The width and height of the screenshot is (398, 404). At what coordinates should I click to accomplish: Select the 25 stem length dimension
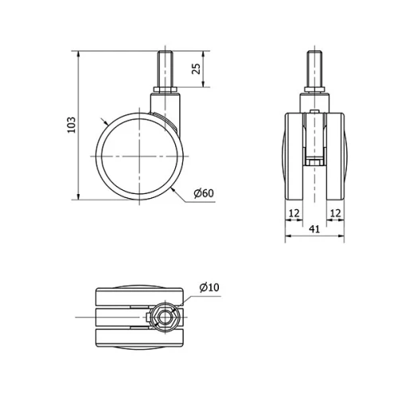(196, 70)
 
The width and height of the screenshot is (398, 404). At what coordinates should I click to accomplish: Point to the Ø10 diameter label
(209, 287)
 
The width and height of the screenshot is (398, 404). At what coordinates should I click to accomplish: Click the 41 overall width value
(314, 228)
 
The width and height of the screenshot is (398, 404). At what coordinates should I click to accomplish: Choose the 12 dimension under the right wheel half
(335, 212)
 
